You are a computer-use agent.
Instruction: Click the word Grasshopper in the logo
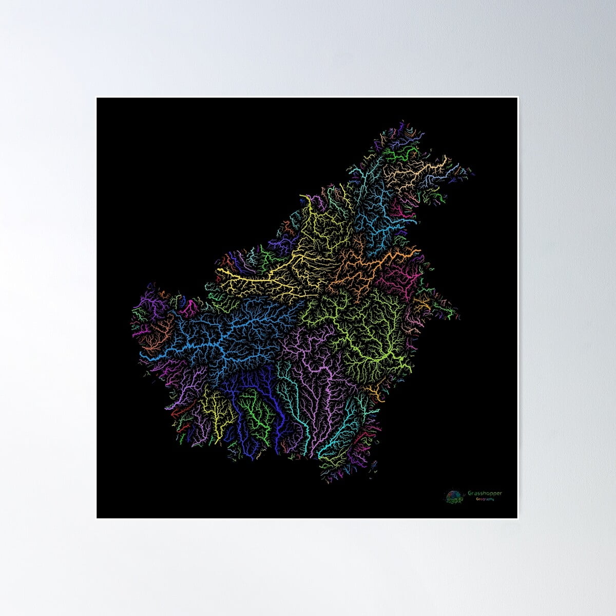485,493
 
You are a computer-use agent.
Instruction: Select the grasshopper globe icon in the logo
453,496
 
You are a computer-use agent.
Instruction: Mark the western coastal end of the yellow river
219,269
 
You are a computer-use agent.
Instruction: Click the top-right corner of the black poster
517,98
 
